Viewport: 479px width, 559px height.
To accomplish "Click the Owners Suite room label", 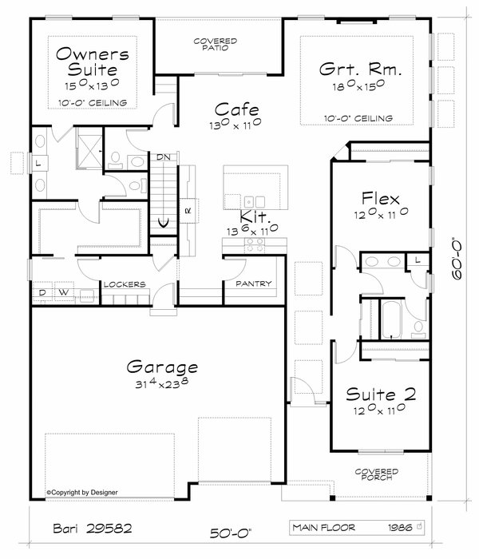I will click(92, 62).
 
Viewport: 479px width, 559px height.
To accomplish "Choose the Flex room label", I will click(380, 197).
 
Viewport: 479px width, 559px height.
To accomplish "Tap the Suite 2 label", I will click(382, 394).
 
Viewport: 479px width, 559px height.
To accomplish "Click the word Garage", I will click(162, 367).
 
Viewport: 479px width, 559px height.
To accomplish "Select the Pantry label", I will click(254, 283).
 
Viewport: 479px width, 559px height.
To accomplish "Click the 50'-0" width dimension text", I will click(230, 532).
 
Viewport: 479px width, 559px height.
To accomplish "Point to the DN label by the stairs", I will click(164, 157).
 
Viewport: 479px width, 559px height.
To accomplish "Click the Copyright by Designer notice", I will click(82, 493).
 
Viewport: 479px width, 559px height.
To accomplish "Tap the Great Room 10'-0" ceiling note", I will click(360, 118).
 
